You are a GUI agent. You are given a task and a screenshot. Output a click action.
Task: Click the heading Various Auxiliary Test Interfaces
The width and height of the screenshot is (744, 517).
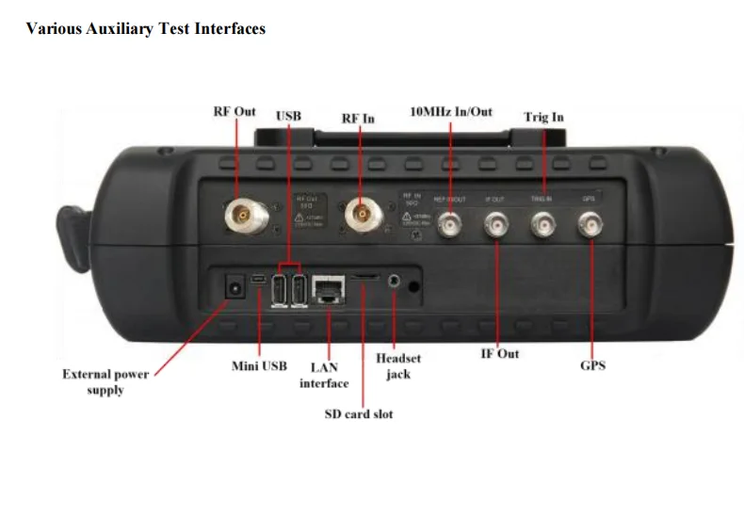145,28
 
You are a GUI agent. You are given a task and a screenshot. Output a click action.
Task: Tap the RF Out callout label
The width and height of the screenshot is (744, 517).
235,112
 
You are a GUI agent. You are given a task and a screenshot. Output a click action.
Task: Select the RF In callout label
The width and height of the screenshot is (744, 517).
357,119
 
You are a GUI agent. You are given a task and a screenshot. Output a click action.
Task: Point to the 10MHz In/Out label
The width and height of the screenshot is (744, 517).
451,112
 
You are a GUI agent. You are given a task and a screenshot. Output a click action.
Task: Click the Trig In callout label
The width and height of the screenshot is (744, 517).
543,118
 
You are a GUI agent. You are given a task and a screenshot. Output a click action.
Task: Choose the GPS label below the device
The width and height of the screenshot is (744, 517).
591,364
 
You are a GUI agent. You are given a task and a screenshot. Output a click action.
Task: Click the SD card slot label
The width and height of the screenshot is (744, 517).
359,413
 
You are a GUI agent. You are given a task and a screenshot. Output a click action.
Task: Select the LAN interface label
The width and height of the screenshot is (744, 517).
324,375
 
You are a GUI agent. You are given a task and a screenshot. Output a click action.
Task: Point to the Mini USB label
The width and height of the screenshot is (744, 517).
259,365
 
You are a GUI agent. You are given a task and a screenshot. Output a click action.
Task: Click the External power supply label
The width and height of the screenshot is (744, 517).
105,381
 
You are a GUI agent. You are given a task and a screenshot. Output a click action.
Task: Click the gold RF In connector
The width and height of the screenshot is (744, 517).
359,217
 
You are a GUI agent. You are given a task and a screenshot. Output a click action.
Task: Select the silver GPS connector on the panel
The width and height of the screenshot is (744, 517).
591,224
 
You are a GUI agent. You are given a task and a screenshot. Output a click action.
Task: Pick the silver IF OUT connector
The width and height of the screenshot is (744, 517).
494,224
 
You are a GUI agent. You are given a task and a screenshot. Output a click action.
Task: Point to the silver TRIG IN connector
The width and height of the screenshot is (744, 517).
542,224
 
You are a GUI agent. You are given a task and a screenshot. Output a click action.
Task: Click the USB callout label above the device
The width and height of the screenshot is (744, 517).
288,116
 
